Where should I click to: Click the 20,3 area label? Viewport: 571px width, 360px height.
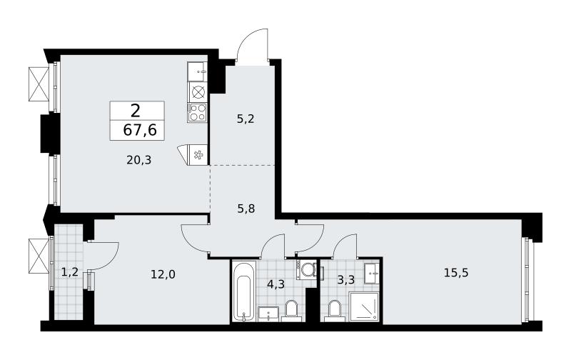(x=138, y=159)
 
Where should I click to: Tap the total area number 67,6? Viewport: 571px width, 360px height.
(x=140, y=130)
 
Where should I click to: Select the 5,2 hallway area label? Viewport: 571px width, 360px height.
(x=246, y=119)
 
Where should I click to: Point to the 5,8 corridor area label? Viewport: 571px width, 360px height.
(x=246, y=209)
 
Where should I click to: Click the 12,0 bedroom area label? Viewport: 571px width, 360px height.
(x=163, y=274)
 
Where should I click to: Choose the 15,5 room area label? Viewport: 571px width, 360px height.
(x=456, y=272)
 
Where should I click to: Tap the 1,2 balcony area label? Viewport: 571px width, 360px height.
(x=69, y=272)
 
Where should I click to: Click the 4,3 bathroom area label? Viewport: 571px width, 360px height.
(x=276, y=284)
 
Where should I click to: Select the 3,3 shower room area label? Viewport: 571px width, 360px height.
(x=345, y=280)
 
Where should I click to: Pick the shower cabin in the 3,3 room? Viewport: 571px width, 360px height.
(x=364, y=306)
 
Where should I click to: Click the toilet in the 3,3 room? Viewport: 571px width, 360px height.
(x=334, y=311)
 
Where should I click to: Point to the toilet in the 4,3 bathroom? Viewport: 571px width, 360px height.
(x=291, y=311)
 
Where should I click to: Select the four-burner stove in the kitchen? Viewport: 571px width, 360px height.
(x=197, y=113)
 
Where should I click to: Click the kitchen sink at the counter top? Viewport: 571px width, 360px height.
(x=197, y=71)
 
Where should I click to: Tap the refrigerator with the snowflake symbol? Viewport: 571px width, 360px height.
(x=193, y=156)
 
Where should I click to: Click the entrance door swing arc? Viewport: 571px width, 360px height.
(x=252, y=44)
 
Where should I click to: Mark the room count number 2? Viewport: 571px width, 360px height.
(x=135, y=111)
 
